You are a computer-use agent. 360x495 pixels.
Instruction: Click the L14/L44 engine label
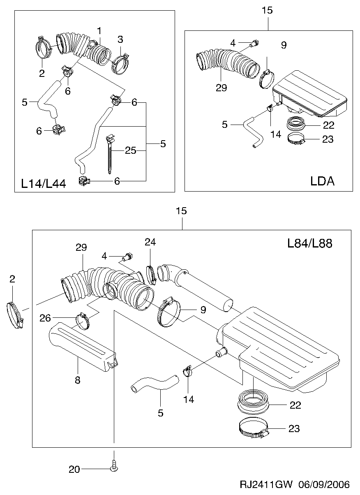[43, 184]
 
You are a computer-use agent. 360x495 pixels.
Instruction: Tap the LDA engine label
[322, 181]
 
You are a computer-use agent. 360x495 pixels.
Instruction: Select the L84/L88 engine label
[309, 243]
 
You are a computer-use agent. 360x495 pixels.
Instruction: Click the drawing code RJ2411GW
[266, 484]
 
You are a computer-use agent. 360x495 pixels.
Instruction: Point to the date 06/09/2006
[324, 484]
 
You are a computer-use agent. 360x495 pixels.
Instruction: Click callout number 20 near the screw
[74, 470]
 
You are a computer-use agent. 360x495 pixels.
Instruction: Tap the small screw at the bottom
[114, 466]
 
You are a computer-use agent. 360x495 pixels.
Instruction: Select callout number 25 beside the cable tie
[131, 150]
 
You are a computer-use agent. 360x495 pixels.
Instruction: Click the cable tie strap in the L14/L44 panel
[110, 154]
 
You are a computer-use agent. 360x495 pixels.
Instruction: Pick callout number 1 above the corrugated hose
[99, 31]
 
